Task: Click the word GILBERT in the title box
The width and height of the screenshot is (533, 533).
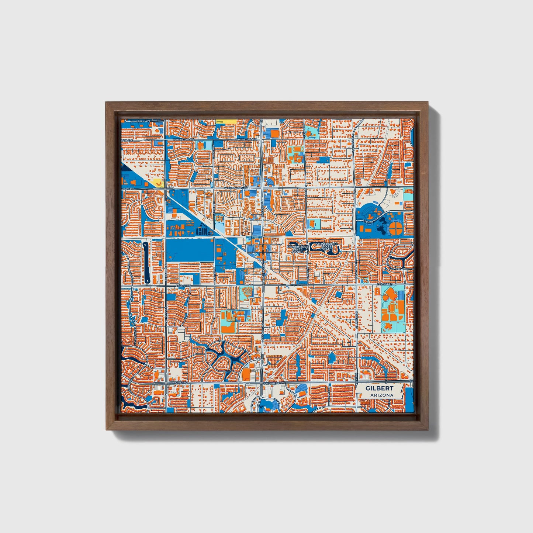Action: tap(379, 388)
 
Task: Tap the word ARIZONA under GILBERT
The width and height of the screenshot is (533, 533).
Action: tap(380, 395)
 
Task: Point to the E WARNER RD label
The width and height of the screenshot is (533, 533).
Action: tap(273, 383)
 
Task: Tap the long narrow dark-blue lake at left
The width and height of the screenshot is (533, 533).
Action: tap(146, 262)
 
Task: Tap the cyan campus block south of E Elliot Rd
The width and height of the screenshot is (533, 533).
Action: tap(393, 306)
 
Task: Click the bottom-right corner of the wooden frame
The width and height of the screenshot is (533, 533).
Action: tap(429, 430)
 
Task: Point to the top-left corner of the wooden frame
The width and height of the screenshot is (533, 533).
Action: tap(106, 102)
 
